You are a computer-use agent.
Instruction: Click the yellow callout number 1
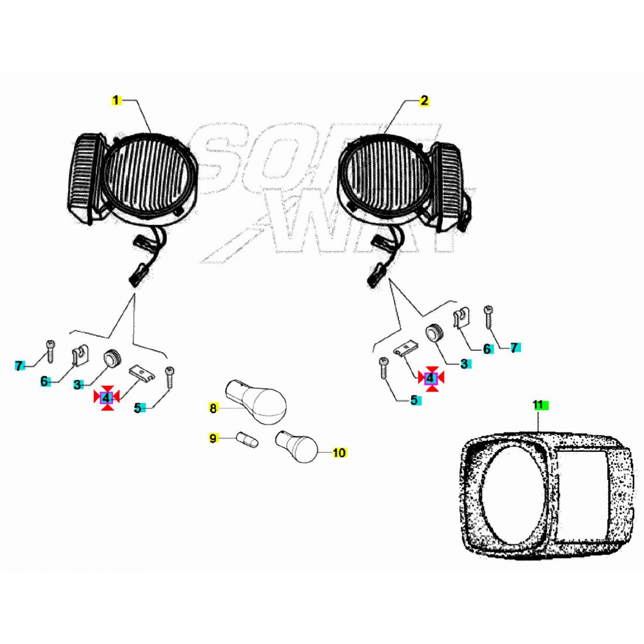[116, 101]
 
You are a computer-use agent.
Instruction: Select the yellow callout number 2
[424, 101]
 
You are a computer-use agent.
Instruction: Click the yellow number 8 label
[213, 409]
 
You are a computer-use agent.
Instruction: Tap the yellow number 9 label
[213, 438]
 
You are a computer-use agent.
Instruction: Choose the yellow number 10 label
[339, 453]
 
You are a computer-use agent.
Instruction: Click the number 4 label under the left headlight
[107, 398]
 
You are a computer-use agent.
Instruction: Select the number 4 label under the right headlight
[430, 378]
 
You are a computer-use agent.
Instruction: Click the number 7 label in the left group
[19, 366]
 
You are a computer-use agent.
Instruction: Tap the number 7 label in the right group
[514, 348]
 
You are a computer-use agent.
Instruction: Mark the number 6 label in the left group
[44, 382]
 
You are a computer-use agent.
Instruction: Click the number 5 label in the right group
[414, 400]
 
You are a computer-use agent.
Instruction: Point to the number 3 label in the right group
[464, 364]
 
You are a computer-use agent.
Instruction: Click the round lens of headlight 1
[149, 173]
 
